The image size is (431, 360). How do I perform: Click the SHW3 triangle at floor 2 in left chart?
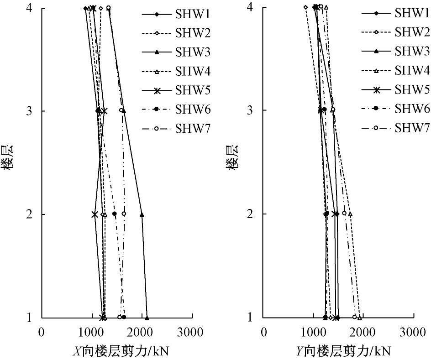(x=142, y=214)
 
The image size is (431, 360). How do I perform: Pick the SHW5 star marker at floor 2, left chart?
(x=95, y=214)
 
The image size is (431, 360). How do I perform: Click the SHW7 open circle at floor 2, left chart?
(x=124, y=214)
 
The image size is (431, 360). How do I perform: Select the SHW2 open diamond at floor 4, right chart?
(x=306, y=7)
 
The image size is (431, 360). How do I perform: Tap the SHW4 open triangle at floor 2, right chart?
(x=350, y=214)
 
